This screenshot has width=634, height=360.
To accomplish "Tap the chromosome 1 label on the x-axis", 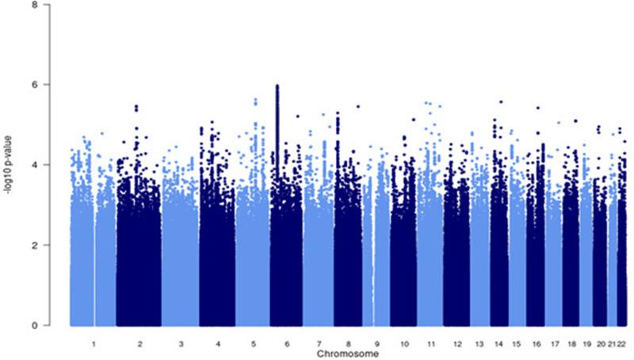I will tap(94, 345).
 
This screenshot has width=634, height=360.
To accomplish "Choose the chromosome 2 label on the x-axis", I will tap(139, 345).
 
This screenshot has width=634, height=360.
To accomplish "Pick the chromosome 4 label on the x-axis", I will tap(217, 345).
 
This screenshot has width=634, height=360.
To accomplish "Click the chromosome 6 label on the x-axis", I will tap(287, 345).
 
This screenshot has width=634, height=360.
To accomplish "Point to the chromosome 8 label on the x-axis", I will tap(347, 345).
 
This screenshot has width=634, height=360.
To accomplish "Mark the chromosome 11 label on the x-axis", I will tap(430, 345).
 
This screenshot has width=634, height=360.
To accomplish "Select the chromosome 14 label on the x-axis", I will tap(499, 345).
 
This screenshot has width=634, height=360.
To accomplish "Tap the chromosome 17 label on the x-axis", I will tap(554, 345).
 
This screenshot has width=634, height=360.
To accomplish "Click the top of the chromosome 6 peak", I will tap(277, 85).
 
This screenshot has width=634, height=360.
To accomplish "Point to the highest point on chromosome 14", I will tap(501, 101).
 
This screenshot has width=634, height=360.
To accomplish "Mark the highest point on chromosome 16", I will tap(538, 107).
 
